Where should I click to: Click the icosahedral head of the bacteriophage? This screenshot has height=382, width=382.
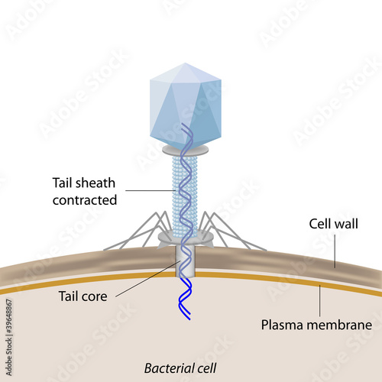click(186, 105)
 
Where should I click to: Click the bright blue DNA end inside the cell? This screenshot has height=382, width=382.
click(185, 299)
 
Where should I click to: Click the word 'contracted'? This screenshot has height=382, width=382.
click(85, 200)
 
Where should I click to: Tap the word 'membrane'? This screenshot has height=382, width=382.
click(339, 325)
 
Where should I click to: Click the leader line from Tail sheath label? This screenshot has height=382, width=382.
click(151, 190)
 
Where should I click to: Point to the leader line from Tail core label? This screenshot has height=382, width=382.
click(148, 279)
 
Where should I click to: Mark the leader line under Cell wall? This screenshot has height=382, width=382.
click(335, 251)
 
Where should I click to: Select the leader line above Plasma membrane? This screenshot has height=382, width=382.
click(320, 301)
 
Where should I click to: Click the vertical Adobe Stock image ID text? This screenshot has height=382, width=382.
click(9, 338)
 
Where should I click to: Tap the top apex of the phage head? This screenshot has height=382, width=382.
click(185, 63)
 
